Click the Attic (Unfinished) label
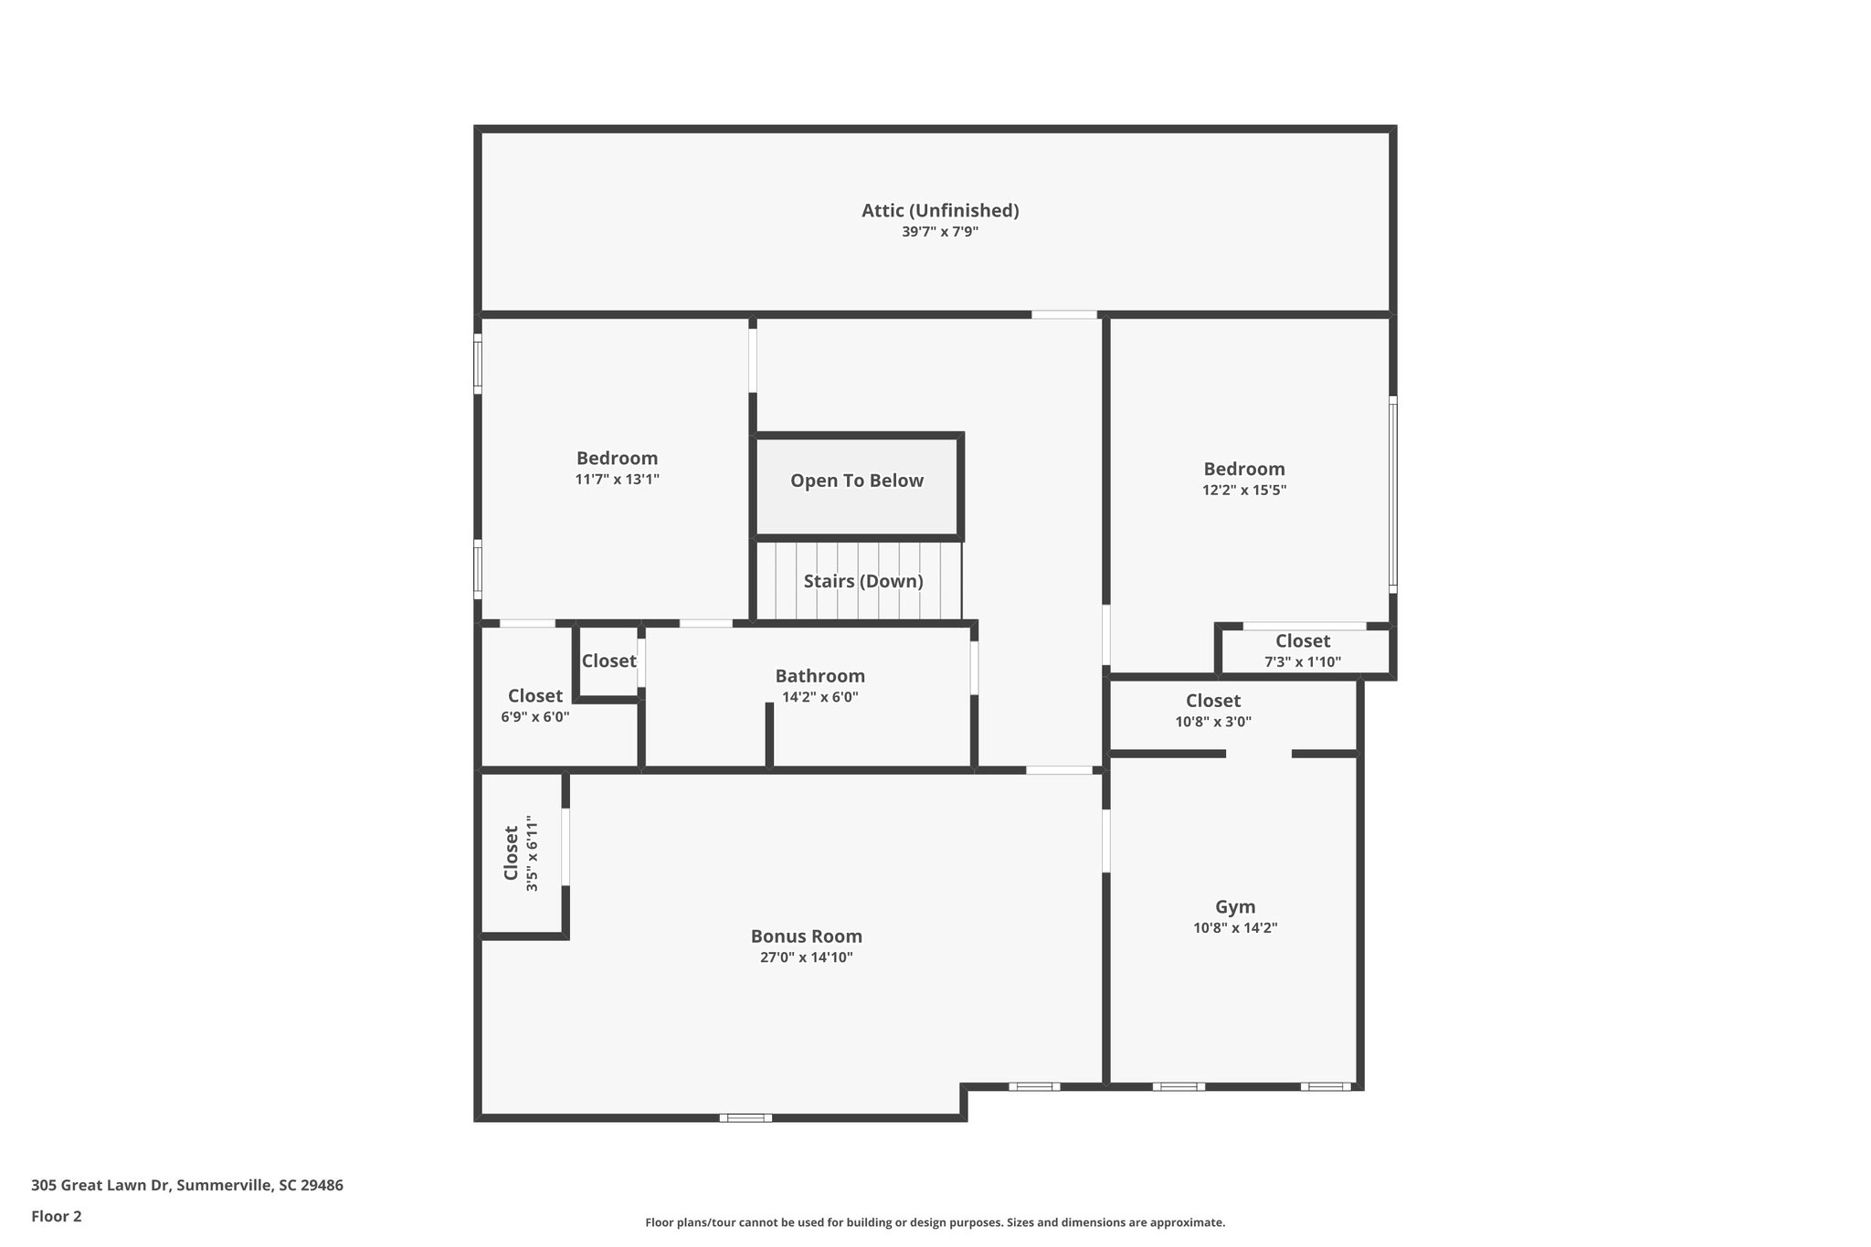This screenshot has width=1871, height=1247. [x=940, y=211]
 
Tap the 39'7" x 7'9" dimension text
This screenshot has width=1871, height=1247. [x=940, y=232]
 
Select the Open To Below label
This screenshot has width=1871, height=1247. [x=857, y=481]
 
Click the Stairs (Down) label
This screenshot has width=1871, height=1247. [x=863, y=581]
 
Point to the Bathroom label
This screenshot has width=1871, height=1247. [x=819, y=676]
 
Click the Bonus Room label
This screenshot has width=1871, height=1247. [x=806, y=936]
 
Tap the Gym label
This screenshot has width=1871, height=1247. [x=1234, y=907]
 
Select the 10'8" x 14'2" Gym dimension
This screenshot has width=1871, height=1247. [x=1234, y=928]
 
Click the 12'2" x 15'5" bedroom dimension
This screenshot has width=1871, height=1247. [x=1243, y=491]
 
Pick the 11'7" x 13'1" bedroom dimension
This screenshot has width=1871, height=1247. [x=617, y=480]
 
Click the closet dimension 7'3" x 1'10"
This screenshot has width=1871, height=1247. [x=1302, y=662]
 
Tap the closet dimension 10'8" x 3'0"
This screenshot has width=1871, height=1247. [x=1212, y=722]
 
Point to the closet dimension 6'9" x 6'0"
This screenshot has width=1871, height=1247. [x=534, y=717]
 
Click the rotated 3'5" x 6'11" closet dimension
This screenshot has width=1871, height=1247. [x=532, y=855]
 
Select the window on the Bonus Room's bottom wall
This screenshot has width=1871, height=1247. [x=745, y=1117]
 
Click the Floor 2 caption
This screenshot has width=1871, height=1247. [x=57, y=1216]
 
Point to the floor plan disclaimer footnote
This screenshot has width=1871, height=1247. [x=935, y=1222]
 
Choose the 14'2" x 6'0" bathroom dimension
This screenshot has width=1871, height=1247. [x=819, y=697]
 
